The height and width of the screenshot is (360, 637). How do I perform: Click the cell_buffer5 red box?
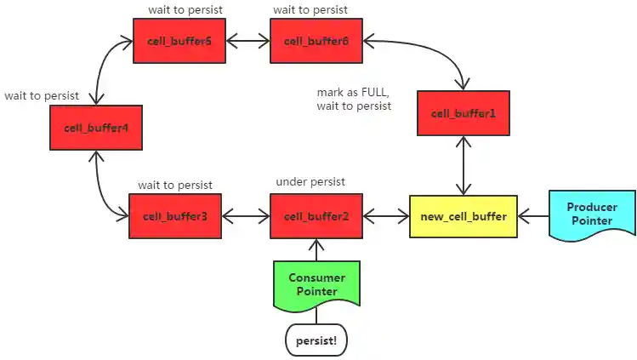pyautogui.click(x=179, y=41)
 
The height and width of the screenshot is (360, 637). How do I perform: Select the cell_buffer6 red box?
pyautogui.click(x=316, y=41)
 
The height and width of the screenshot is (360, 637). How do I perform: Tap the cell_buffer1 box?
pyautogui.click(x=463, y=113)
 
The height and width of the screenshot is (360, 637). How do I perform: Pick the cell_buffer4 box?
pyautogui.click(x=95, y=129)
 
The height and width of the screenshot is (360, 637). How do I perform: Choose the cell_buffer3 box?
pyautogui.click(x=175, y=216)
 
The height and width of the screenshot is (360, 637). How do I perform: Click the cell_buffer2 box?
pyautogui.click(x=316, y=216)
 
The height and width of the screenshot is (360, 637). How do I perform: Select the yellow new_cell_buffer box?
pyautogui.click(x=463, y=216)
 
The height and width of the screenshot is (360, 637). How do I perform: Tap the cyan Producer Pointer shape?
pyautogui.click(x=591, y=214)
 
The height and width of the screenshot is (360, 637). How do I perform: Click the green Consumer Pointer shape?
pyautogui.click(x=316, y=284)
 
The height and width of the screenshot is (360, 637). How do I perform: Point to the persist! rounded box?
pyautogui.click(x=316, y=340)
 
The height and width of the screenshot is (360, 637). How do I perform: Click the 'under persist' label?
pyautogui.click(x=312, y=183)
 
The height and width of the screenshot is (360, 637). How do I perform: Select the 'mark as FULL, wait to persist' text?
pyautogui.click(x=354, y=99)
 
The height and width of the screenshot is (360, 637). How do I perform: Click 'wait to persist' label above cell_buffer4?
pyautogui.click(x=42, y=96)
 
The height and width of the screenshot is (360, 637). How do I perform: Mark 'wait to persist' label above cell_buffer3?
pyautogui.click(x=175, y=185)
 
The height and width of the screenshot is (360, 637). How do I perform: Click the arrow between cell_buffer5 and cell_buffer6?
pyautogui.click(x=247, y=41)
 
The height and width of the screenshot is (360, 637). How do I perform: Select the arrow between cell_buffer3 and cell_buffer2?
pyautogui.click(x=246, y=216)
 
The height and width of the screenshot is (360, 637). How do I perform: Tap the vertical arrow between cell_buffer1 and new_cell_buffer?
pyautogui.click(x=463, y=165)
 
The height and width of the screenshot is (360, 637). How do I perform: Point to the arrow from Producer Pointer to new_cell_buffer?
pyautogui.click(x=532, y=216)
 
